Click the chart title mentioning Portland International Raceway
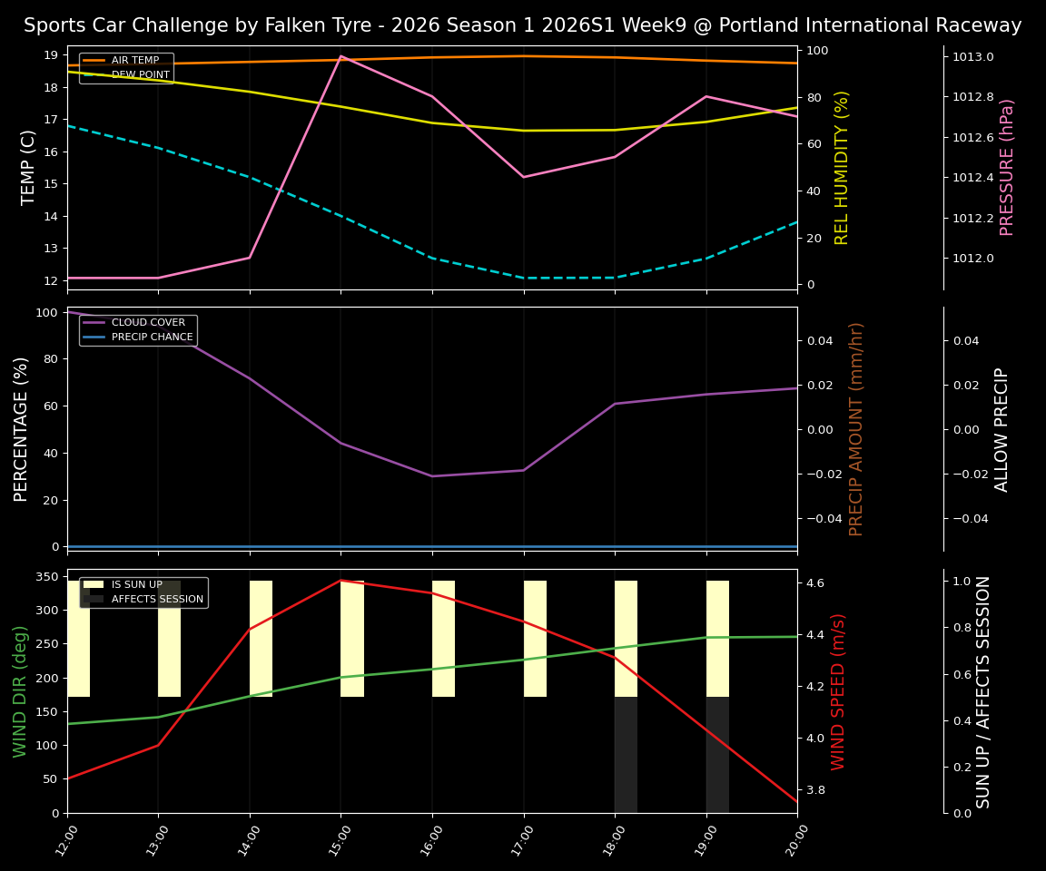pyautogui.click(x=522, y=25)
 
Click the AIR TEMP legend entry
pyautogui.click(x=134, y=61)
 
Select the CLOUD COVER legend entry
pyautogui.click(x=148, y=323)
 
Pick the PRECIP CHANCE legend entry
pyautogui.click(x=152, y=338)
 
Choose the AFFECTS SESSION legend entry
pyautogui.click(x=157, y=599)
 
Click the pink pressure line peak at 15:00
pyautogui.click(x=340, y=56)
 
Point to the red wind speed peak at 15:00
pyautogui.click(x=340, y=581)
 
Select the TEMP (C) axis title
pyautogui.click(x=28, y=167)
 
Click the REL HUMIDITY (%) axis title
pyautogui.click(x=842, y=167)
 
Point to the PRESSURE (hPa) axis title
pyautogui.click(x=1007, y=167)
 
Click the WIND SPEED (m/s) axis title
pyautogui.click(x=838, y=691)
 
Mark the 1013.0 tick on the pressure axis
pyautogui.click(x=972, y=57)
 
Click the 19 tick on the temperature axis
pyautogui.click(x=52, y=55)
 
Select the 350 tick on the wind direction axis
pyautogui.click(x=47, y=576)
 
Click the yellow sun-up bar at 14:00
pyautogui.click(x=261, y=639)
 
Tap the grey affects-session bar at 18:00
pyautogui.click(x=626, y=755)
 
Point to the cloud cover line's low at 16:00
pyautogui.click(x=432, y=476)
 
